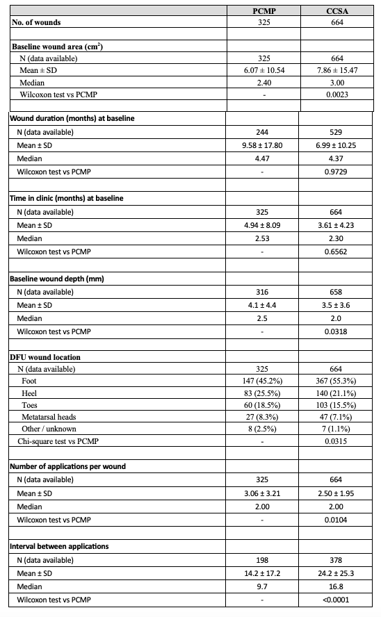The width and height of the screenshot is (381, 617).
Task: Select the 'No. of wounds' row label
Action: pyautogui.click(x=36, y=22)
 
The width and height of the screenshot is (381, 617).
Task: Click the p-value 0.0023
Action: pyautogui.click(x=338, y=94)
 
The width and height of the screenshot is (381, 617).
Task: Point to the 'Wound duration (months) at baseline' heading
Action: pyautogui.click(x=72, y=118)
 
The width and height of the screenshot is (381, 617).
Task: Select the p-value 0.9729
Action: pyautogui.click(x=338, y=170)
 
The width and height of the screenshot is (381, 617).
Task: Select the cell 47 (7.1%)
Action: pyautogui.click(x=338, y=418)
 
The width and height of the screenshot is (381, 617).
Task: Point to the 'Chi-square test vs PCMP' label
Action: pyautogui.click(x=58, y=441)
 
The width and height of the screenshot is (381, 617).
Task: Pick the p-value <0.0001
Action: pyautogui.click(x=338, y=598)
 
